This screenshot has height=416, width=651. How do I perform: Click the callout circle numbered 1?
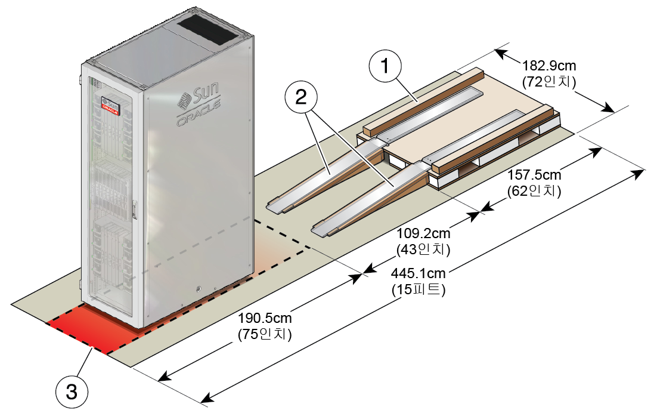[385, 66]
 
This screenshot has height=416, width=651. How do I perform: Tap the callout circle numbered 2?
[301, 98]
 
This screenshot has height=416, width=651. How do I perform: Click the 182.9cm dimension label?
[549, 66]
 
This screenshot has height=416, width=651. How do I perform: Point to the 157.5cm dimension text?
[534, 174]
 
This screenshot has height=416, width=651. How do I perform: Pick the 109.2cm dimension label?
[423, 233]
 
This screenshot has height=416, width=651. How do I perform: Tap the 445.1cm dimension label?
[418, 273]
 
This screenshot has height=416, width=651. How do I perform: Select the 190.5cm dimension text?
[265, 318]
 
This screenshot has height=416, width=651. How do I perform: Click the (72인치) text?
[549, 82]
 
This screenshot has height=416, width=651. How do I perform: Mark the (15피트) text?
[418, 289]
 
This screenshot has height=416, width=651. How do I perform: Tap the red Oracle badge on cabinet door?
[110, 106]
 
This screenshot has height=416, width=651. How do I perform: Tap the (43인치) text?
[423, 249]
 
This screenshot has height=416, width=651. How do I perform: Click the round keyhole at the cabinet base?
[199, 288]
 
